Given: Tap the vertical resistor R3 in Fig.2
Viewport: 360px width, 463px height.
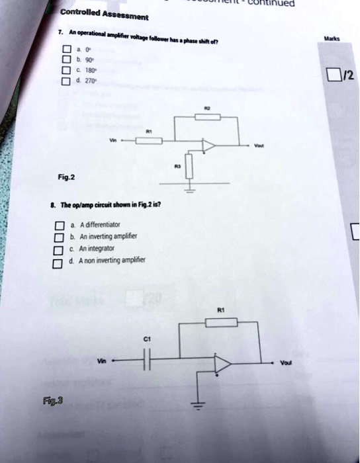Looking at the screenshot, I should tap(189, 165).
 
